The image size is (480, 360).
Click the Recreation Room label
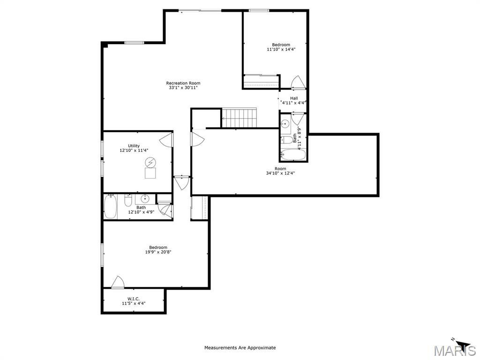pyautogui.click(x=183, y=83)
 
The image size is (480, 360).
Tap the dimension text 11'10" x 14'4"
pyautogui.click(x=281, y=49)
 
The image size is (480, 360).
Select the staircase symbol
pyautogui.click(x=239, y=117)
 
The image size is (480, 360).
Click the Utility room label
pyautogui.click(x=134, y=146)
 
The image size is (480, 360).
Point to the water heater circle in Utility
pyautogui.click(x=150, y=162)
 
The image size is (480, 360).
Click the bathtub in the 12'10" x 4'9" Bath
pyautogui.click(x=110, y=207)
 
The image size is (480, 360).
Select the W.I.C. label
pyautogui.click(x=134, y=299)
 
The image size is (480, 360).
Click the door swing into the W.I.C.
pyautogui.click(x=118, y=282)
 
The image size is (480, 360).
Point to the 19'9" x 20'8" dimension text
pyautogui.click(x=158, y=252)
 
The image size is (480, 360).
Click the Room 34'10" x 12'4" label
pyautogui.click(x=280, y=169)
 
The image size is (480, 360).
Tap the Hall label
pyautogui.click(x=294, y=98)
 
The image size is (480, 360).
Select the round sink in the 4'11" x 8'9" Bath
pyautogui.click(x=285, y=124)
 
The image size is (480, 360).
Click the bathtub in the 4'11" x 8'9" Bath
pyautogui.click(x=293, y=154)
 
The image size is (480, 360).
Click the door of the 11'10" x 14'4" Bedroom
pyautogui.click(x=298, y=82)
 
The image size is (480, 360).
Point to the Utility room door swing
pyautogui.click(x=167, y=139)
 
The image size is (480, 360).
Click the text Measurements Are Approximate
pyautogui.click(x=240, y=348)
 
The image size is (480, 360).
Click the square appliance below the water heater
pyautogui.click(x=150, y=173)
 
